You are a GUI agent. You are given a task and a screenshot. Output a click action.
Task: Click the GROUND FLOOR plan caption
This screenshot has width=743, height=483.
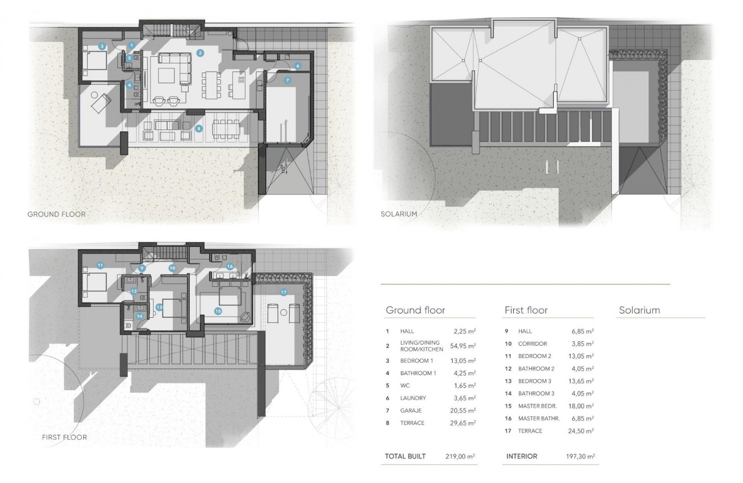click(56, 214)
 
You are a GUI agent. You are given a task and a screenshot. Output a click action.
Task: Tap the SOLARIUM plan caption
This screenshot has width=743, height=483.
click(398, 214)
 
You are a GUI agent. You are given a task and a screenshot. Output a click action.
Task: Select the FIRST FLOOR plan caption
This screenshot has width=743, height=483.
click(64, 437)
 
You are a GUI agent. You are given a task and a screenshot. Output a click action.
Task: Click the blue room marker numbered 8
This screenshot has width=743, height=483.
click(198, 128)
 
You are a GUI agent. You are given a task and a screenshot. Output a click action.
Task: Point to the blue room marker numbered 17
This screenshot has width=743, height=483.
click(283, 292)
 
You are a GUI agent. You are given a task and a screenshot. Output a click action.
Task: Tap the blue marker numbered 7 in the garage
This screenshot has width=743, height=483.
click(287, 80)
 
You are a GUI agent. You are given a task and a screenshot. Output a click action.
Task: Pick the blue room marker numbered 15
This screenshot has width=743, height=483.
click(218, 310)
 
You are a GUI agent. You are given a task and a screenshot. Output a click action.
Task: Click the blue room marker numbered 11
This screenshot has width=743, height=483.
click(100, 265)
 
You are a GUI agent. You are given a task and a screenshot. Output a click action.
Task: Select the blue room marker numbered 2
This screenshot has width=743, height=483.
click(200, 53)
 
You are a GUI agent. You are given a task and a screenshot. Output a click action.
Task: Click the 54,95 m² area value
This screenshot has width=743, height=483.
click(464, 346)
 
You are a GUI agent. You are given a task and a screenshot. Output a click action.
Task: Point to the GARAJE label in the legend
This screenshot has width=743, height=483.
click(411, 410)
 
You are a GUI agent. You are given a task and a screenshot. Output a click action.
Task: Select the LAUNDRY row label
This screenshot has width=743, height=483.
click(413, 398)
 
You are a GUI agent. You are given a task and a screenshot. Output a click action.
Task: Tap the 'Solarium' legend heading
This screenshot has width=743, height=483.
click(639, 310)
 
